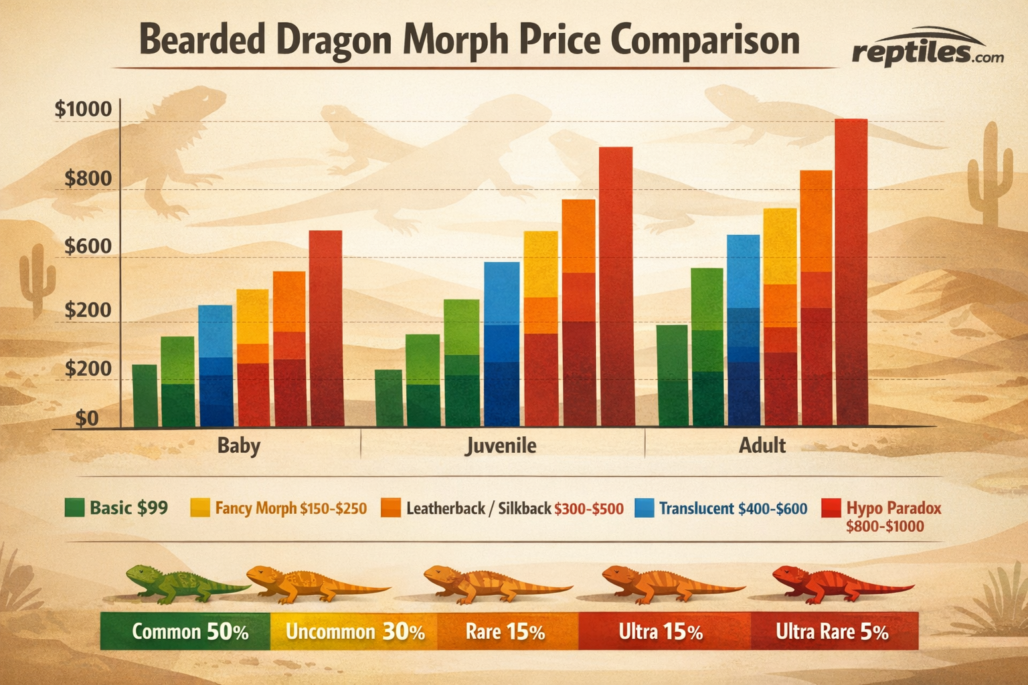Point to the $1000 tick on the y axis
[x=83, y=108]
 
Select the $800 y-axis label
[x=88, y=179]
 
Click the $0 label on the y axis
[x=87, y=419]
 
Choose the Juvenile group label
[x=501, y=446]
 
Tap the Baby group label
[x=239, y=446]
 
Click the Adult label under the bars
[x=762, y=446]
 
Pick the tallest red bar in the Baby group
[x=326, y=328]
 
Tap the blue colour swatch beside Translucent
[x=644, y=508]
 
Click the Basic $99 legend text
[x=128, y=508]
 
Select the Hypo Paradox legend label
[x=893, y=508]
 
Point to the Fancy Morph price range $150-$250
[x=333, y=508]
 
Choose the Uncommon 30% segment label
[x=355, y=632]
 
